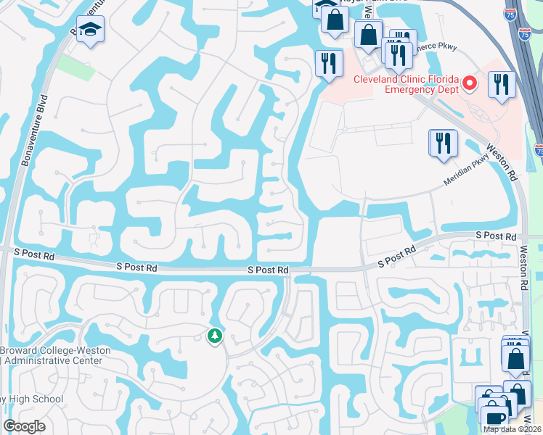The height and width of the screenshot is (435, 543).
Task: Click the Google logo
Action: [25, 426]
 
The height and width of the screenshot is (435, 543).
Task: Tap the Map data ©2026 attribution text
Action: [513, 429]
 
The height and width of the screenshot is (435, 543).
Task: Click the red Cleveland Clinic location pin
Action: [470, 85]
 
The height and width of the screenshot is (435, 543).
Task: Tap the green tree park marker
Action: [214, 336]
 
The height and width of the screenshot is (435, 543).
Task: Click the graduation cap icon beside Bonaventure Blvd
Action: [91, 30]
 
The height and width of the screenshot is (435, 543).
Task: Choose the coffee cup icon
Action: [494, 418]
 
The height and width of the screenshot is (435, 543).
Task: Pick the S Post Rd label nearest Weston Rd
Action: [496, 236]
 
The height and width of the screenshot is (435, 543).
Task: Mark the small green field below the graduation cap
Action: [75, 67]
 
